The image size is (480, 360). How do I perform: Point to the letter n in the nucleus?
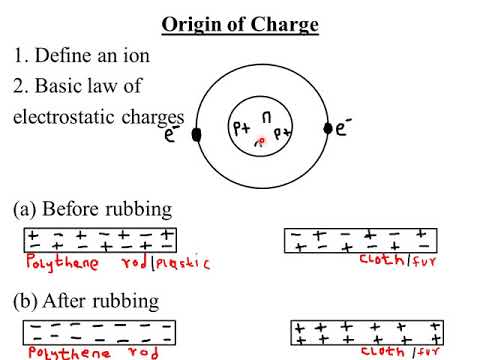[x=266, y=117]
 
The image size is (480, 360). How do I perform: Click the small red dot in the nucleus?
[x=262, y=142]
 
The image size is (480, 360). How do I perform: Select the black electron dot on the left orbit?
[x=197, y=133]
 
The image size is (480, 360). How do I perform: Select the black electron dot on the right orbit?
[x=327, y=128]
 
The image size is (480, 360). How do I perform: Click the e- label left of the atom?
[x=173, y=136]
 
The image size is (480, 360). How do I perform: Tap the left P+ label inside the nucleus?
[x=242, y=129]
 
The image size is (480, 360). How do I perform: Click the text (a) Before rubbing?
[x=92, y=210]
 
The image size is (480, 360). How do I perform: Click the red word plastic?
[x=183, y=263]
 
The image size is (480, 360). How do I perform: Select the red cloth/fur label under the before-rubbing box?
[x=394, y=262]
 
